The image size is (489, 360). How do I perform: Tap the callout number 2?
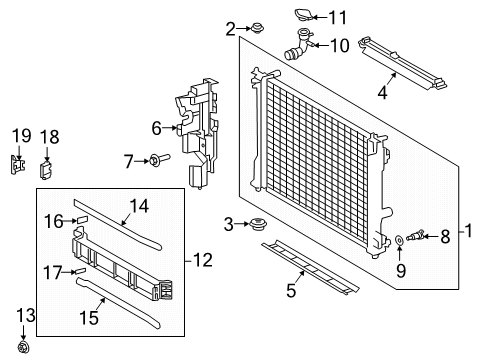231,28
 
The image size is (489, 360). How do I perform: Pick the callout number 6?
157,128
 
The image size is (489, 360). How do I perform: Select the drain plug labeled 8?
417,236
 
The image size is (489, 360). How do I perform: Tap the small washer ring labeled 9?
399,240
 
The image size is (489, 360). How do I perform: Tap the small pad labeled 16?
83,216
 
